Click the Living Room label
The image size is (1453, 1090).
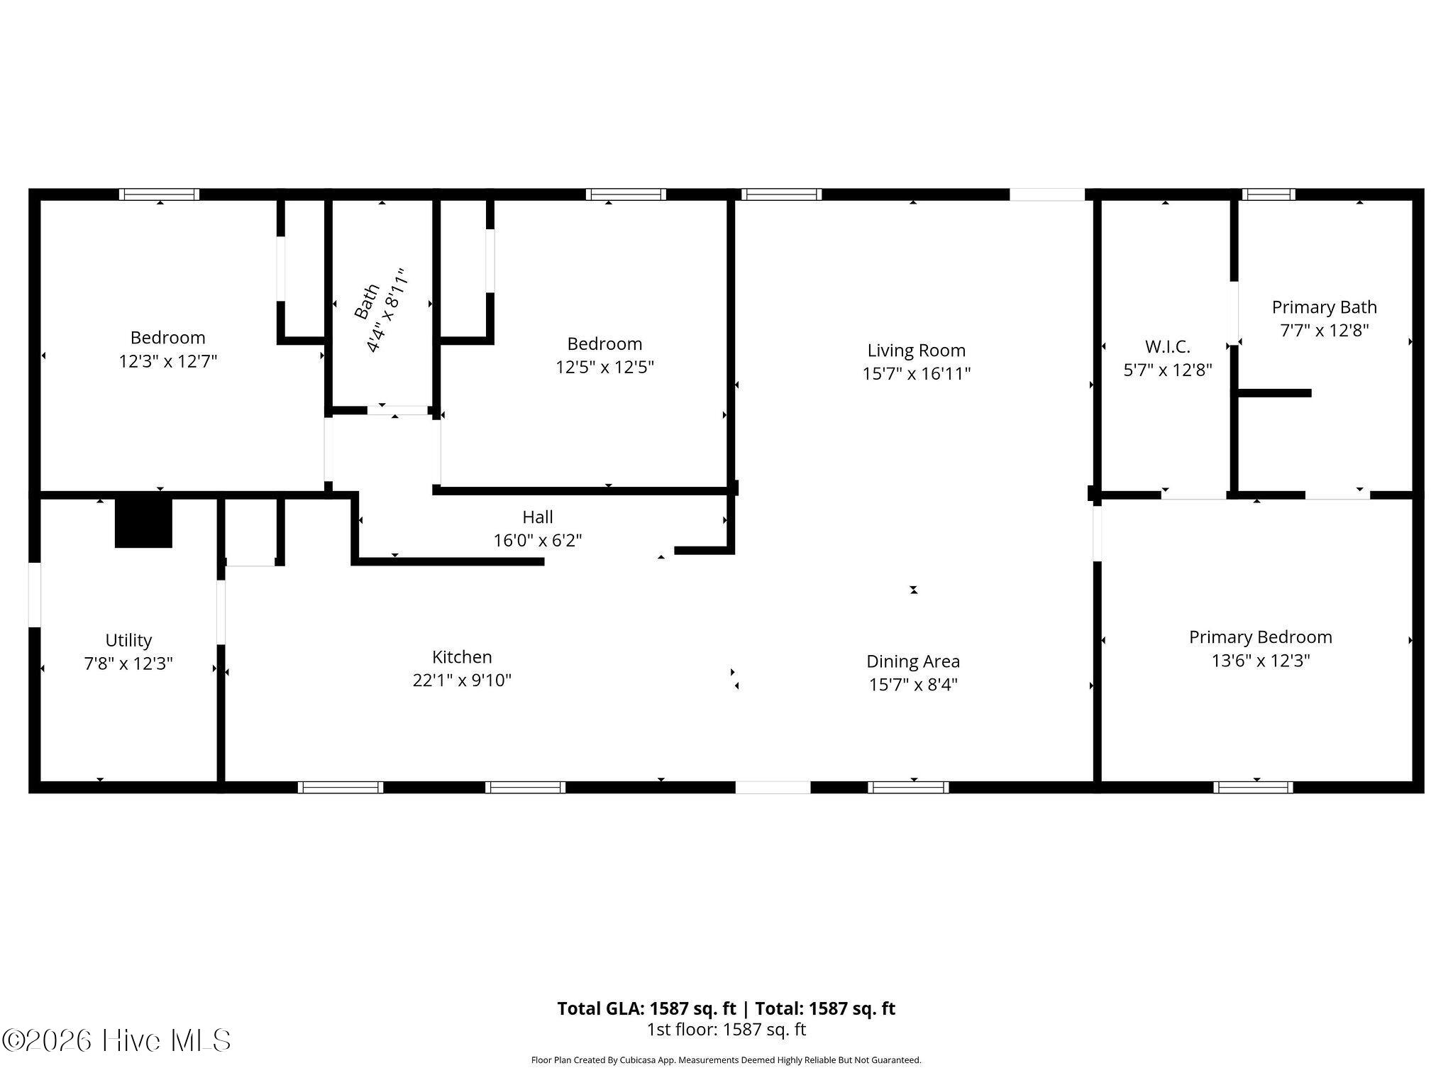coord(916,351)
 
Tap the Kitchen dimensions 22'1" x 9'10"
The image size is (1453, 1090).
coord(462,680)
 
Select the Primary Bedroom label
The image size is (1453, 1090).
coord(1261,637)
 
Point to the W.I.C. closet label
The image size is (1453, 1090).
coord(1167,347)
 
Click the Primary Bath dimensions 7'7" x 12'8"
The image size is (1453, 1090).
coord(1324,330)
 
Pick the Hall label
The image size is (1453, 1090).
coord(538,517)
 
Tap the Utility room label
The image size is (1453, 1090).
coord(128,641)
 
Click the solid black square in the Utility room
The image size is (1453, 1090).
coord(143,523)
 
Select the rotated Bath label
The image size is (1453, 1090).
coord(367,302)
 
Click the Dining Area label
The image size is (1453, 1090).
coord(913,661)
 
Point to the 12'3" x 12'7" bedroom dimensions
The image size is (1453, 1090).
coord(167,361)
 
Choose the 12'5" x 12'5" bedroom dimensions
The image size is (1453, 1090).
coord(604,367)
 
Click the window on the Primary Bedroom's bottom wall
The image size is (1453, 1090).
coord(1253,787)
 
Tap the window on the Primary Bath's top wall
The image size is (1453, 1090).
coord(1269,194)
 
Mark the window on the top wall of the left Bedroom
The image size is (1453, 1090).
coord(159,194)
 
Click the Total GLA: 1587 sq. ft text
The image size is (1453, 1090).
coord(648,1008)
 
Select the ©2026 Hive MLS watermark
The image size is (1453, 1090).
coord(116,1040)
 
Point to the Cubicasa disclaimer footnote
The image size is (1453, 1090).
coord(726,1060)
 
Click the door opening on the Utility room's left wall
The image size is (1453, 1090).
coord(34,595)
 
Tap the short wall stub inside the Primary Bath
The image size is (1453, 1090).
coord(1275,392)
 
